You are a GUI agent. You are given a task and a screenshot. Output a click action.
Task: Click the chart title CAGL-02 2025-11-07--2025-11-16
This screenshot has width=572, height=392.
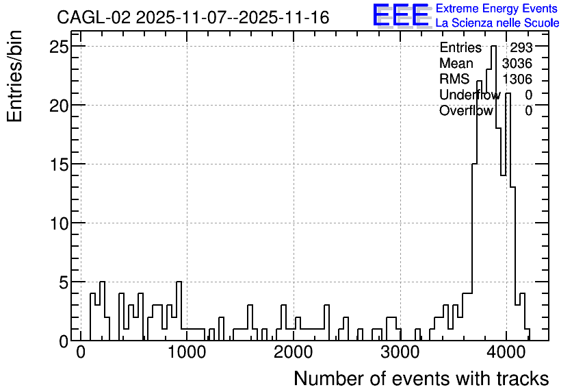[193, 18]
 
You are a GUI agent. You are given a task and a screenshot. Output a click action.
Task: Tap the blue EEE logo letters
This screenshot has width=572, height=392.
[401, 15]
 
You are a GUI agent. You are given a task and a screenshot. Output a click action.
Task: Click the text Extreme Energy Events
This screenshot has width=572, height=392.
[497, 8]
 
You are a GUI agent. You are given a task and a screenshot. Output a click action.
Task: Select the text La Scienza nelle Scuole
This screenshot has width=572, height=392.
[497, 23]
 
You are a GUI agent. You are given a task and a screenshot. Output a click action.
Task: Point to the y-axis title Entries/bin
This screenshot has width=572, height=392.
[15, 76]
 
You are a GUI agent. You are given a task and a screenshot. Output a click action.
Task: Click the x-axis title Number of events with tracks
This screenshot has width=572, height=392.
[421, 378]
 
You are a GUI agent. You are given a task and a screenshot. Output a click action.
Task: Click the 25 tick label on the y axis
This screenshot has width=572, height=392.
[59, 47]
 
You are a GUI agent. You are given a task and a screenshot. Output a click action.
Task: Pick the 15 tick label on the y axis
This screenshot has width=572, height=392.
[59, 164]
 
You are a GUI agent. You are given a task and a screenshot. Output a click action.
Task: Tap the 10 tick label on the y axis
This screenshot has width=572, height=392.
[59, 223]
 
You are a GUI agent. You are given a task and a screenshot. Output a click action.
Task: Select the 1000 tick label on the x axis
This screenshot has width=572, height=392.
[187, 352]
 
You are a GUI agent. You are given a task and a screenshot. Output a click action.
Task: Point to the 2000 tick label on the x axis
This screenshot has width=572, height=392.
[294, 352]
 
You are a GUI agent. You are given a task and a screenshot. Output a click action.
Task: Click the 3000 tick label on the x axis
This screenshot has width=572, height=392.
[400, 352]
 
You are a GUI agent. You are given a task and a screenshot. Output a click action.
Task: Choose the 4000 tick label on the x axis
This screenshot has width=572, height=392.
[507, 352]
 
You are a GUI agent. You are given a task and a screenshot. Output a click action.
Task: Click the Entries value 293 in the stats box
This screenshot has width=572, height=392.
[521, 47]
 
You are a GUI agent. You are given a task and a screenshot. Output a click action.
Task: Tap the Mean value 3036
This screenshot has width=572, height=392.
[517, 63]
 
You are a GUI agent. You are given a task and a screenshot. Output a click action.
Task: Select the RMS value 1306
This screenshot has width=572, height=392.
[517, 79]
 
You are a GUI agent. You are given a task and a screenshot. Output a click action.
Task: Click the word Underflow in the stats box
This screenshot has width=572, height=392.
[470, 95]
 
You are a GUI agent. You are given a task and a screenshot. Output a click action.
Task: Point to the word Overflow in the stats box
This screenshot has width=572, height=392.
[466, 110]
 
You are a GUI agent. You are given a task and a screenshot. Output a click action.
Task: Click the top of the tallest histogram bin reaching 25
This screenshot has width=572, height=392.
[493, 46]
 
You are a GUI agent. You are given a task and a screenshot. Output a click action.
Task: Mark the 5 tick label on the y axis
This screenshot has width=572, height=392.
[64, 282]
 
